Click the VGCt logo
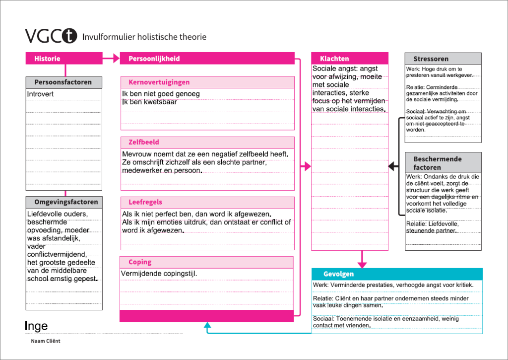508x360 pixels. pyautogui.click(x=52, y=36)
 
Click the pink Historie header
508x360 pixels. pyautogui.click(x=47, y=59)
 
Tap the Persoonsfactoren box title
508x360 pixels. pyautogui.click(x=63, y=82)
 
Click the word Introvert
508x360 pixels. pyautogui.click(x=40, y=94)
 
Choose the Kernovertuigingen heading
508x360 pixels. pyautogui.click(x=159, y=82)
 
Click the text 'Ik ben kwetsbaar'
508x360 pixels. pyautogui.click(x=149, y=102)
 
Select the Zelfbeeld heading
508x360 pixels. pyautogui.click(x=144, y=143)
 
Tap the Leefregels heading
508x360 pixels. pyautogui.click(x=145, y=203)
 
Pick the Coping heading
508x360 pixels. pyautogui.click(x=140, y=262)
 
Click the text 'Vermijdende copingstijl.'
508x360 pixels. pyautogui.click(x=156, y=274)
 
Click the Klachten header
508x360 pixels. pyautogui.click(x=334, y=59)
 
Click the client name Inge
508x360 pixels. pyautogui.click(x=36, y=326)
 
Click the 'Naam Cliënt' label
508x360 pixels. pyautogui.click(x=45, y=341)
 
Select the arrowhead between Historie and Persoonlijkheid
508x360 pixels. pyautogui.click(x=116, y=59)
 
